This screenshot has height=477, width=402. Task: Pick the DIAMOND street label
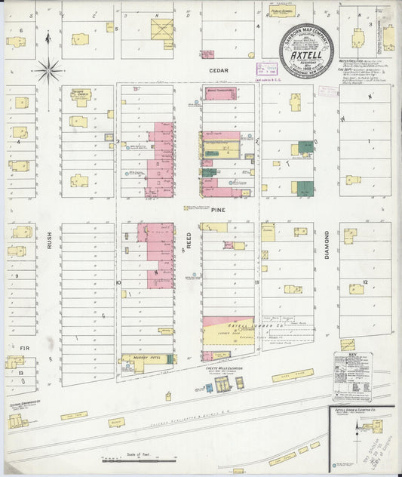pyautogui.click(x=327, y=244)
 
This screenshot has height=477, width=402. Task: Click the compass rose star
pyautogui.click(x=48, y=71)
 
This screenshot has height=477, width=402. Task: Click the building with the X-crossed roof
pyautogui.click(x=161, y=29)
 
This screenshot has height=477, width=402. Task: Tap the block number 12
pyautogui.click(x=365, y=282)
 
